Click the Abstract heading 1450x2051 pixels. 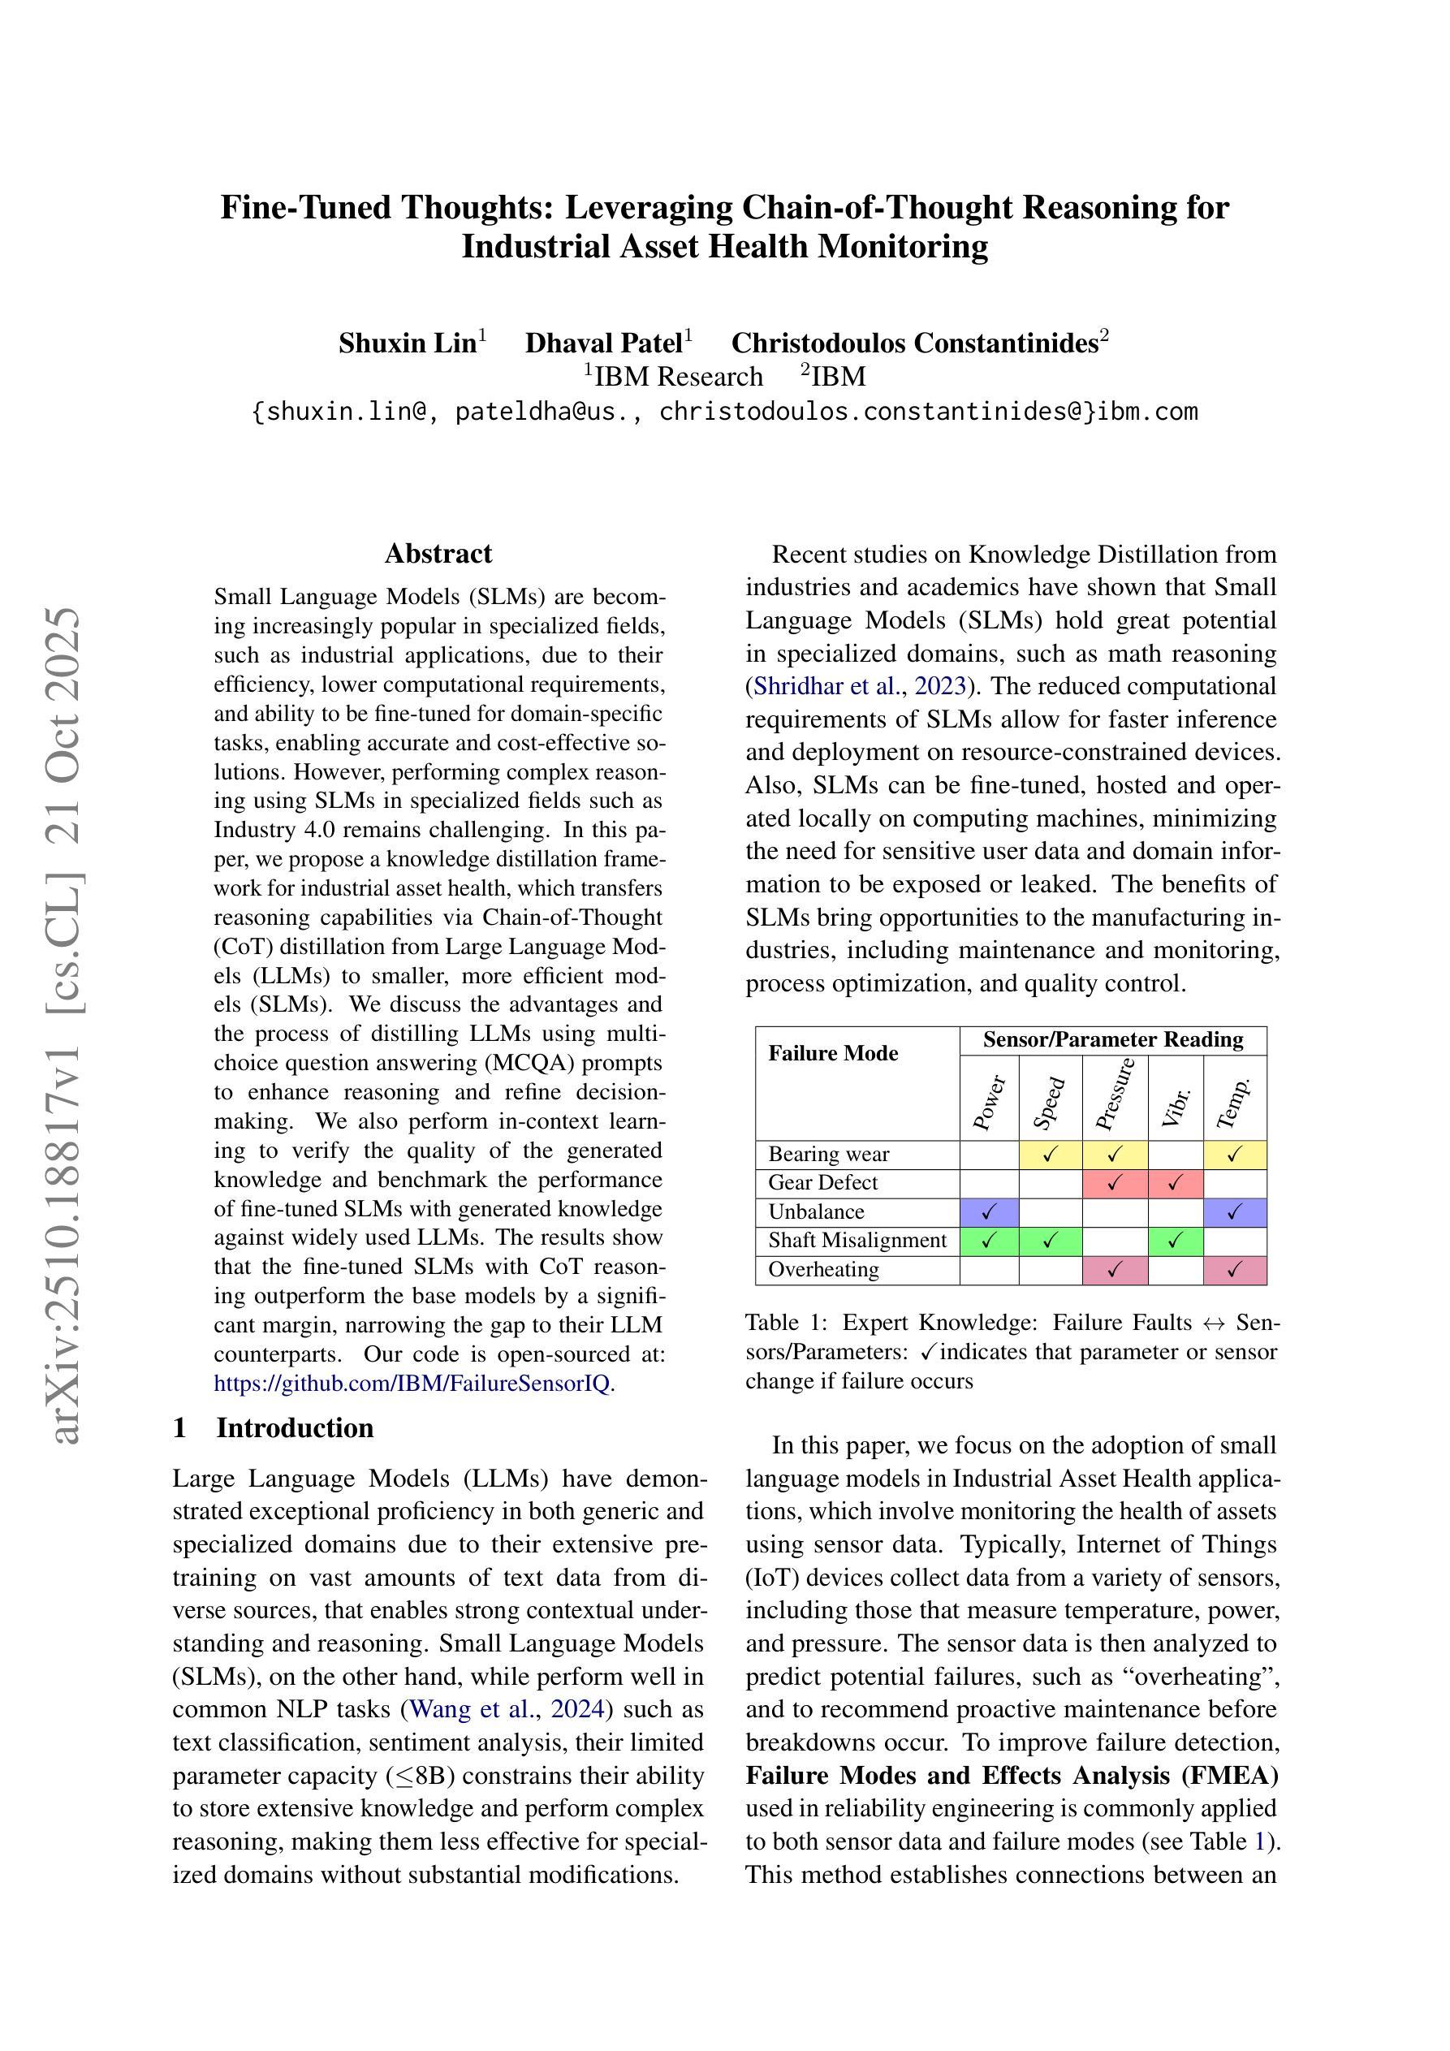(438, 554)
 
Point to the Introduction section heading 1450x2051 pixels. (295, 1427)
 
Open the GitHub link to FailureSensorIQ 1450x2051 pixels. (412, 1384)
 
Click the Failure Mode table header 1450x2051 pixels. (833, 1053)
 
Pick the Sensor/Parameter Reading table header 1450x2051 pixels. (1112, 1040)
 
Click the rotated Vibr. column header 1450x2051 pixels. (1176, 1106)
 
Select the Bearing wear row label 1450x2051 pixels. (828, 1154)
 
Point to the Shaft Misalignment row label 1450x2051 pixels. (857, 1240)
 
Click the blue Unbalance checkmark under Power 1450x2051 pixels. (988, 1212)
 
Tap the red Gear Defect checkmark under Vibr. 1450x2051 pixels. (1175, 1183)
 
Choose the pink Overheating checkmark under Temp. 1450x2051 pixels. (1234, 1269)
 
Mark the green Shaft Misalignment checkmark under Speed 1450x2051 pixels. (1050, 1240)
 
